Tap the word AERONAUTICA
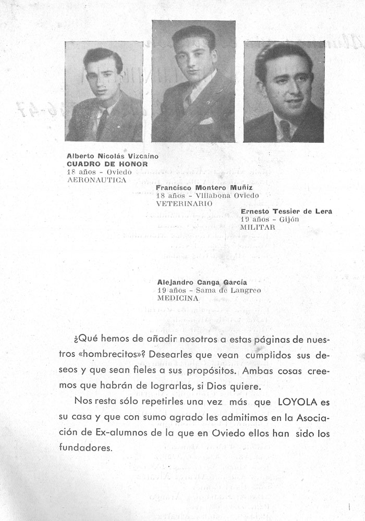pos(97,179)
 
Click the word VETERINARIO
pos(184,203)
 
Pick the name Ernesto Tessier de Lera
pos(286,212)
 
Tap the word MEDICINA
pos(178,299)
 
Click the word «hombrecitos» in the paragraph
pos(113,354)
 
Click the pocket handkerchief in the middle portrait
pos(206,121)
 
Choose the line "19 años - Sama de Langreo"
pos(209,290)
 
